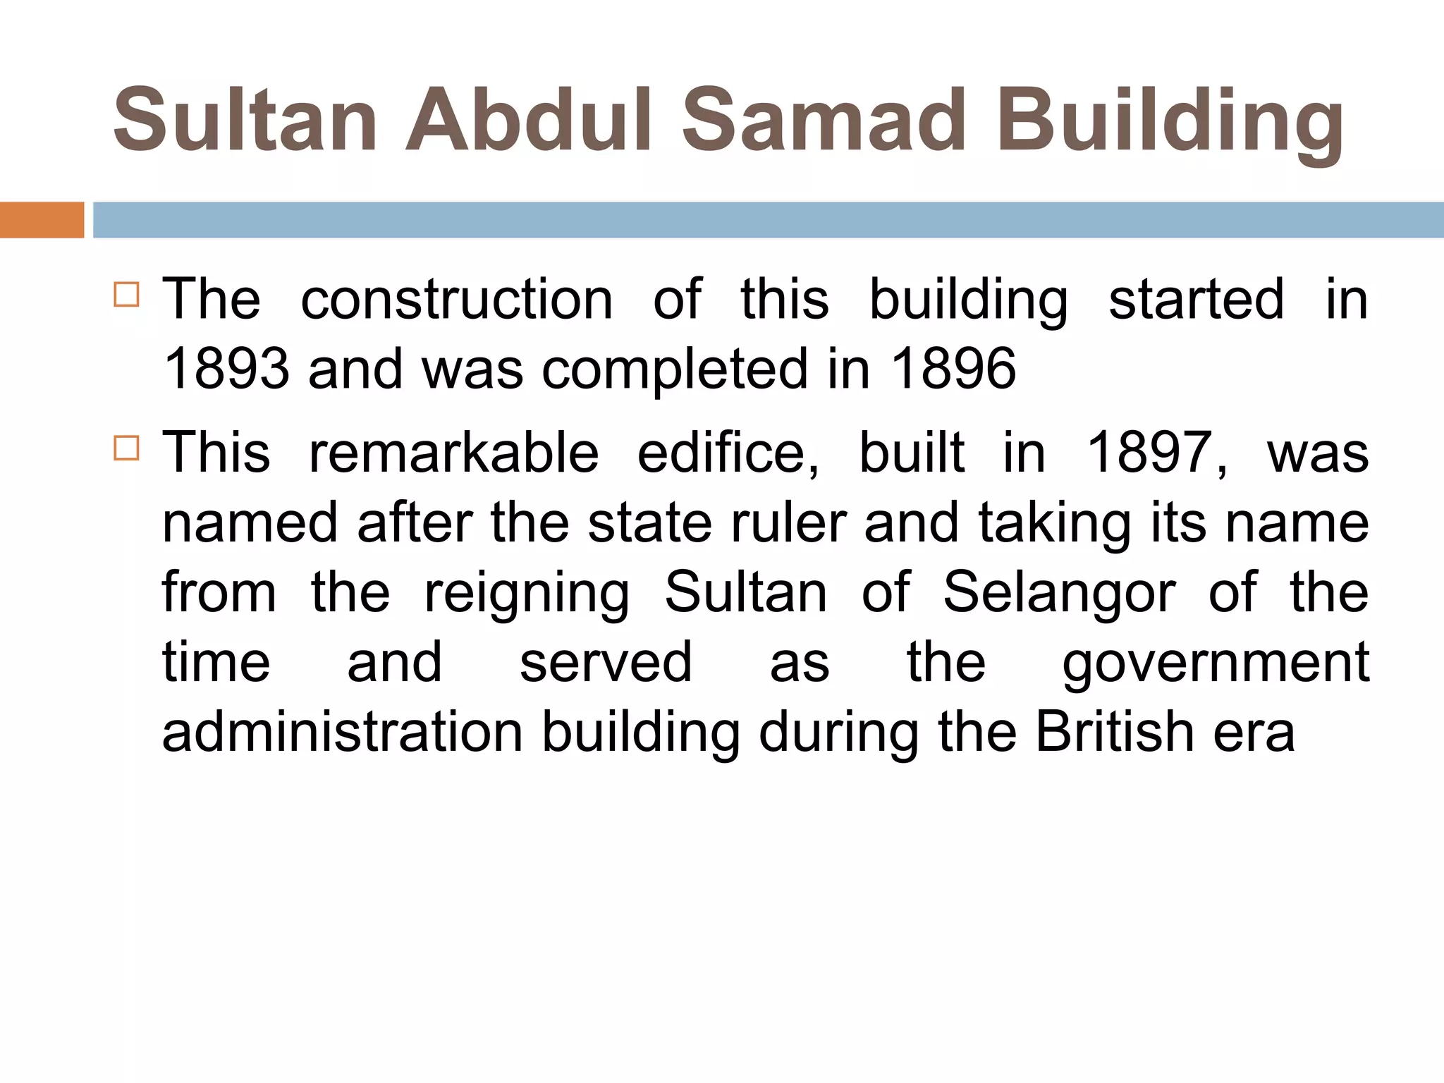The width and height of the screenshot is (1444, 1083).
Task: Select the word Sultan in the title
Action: click(x=246, y=120)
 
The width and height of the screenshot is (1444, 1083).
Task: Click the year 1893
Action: click(x=226, y=369)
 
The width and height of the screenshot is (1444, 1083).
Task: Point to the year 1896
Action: click(x=953, y=369)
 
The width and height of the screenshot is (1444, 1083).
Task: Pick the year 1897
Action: click(x=1156, y=453)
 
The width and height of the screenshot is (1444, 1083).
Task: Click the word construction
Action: click(x=457, y=300)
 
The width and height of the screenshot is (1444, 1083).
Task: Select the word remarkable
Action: click(x=454, y=453)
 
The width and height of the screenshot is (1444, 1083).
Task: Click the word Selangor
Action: click(x=1059, y=592)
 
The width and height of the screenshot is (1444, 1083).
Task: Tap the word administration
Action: click(x=343, y=732)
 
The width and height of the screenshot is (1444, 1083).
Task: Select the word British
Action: click(x=1115, y=732)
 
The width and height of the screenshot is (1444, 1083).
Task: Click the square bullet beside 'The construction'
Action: click(x=126, y=294)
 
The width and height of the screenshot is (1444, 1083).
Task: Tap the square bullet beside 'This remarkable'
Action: click(x=126, y=448)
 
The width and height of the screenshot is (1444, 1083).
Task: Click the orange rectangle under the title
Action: click(x=42, y=220)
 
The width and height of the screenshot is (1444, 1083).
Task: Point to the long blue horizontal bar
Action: click(x=768, y=220)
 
